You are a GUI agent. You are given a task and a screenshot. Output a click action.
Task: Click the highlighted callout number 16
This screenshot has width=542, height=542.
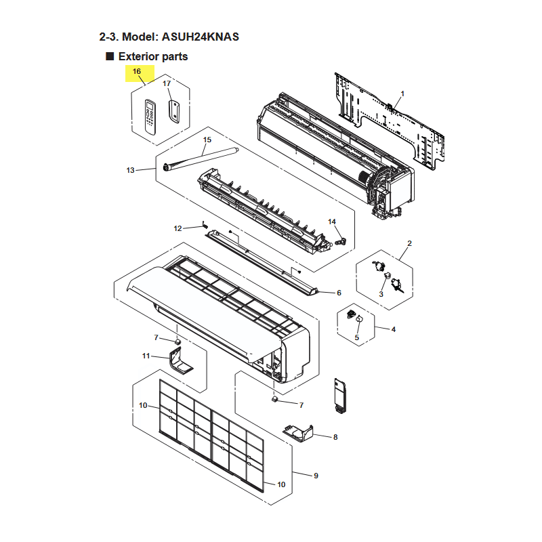(137, 71)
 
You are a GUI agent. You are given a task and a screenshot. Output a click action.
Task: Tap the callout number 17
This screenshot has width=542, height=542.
(167, 83)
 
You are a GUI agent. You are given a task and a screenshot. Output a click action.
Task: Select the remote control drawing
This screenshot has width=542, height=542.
(150, 117)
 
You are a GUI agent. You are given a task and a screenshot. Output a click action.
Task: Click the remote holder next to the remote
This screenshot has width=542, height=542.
(174, 111)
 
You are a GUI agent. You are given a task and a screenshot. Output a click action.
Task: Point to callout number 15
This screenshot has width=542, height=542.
(207, 140)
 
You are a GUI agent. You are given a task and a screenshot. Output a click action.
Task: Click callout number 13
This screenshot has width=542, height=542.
(130, 170)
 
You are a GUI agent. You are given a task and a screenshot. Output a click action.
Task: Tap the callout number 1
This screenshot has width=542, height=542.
(402, 93)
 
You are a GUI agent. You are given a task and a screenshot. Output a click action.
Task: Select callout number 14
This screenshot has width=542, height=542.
(332, 222)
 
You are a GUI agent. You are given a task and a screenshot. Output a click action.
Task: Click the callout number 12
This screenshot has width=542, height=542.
(178, 228)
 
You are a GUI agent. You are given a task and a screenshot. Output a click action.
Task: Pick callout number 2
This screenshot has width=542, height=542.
(410, 243)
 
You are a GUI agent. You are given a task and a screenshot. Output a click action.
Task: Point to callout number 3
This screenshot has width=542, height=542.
(381, 294)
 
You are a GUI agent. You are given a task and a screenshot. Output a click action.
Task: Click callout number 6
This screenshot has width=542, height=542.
(339, 293)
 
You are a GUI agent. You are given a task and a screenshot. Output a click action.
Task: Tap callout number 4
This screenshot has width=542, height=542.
(394, 329)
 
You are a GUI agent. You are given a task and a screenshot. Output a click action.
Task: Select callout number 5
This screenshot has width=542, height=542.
(357, 337)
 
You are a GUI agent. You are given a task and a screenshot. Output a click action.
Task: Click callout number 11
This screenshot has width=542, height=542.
(146, 356)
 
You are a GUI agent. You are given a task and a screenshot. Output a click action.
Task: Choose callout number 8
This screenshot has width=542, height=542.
(335, 437)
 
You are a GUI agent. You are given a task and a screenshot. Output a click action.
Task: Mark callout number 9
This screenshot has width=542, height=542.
(316, 476)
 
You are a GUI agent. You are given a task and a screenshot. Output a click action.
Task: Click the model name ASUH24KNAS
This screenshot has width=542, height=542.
(201, 37)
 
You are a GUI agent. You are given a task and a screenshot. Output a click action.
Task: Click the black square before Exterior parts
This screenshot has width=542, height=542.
(110, 56)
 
